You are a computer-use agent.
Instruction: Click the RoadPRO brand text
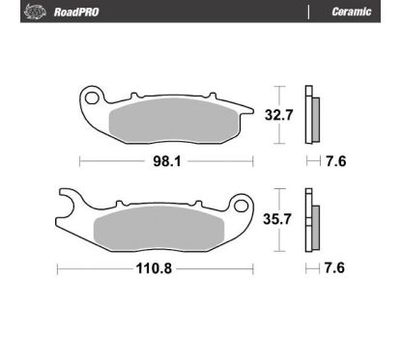pyautogui.click(x=76, y=12)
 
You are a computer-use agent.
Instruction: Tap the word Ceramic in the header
pyautogui.click(x=352, y=12)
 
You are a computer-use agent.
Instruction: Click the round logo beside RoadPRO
pyautogui.click(x=35, y=12)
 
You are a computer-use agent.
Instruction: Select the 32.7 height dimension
pyautogui.click(x=279, y=115)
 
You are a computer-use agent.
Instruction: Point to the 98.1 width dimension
pyautogui.click(x=167, y=161)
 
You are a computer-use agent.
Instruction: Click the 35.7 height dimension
pyautogui.click(x=277, y=219)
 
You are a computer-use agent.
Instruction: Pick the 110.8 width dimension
pyautogui.click(x=154, y=268)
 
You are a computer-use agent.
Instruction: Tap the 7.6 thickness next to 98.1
pyautogui.click(x=336, y=161)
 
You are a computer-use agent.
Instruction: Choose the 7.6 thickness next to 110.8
pyautogui.click(x=334, y=267)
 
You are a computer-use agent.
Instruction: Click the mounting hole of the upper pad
pyautogui.click(x=92, y=97)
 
